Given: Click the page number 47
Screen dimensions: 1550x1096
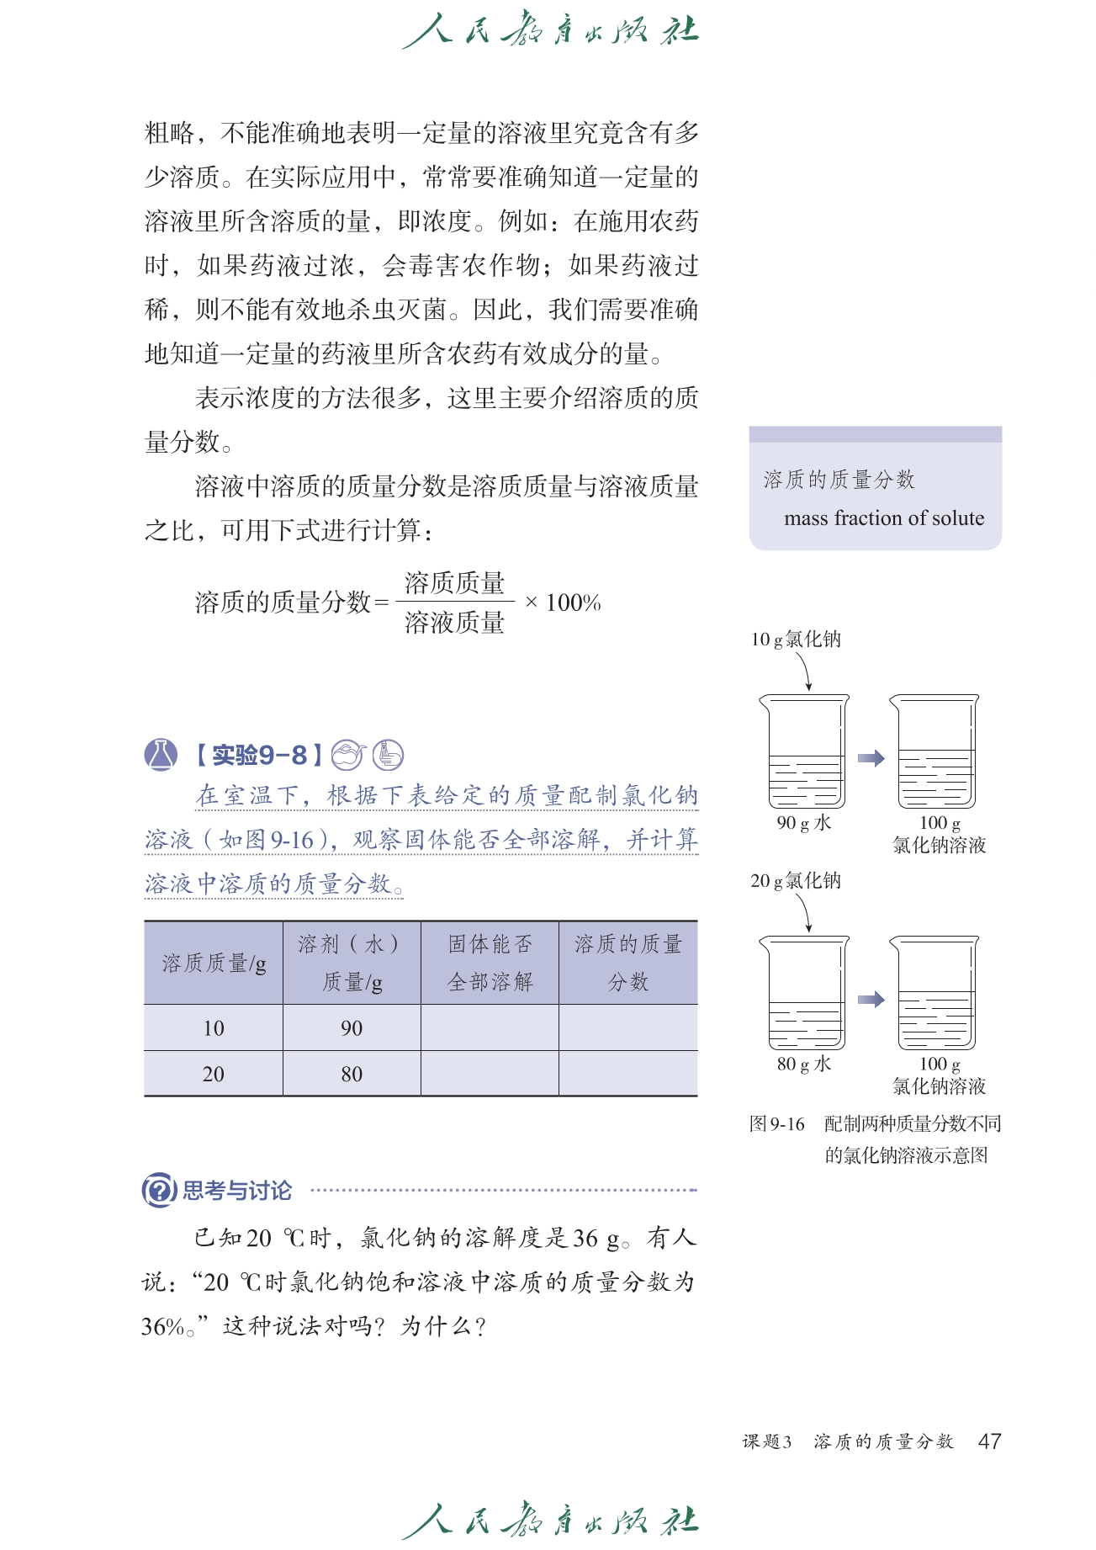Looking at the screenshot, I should click(989, 1441).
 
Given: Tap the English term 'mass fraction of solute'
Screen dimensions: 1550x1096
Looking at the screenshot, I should click(883, 518).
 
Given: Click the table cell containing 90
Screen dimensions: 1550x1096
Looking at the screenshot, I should click(352, 1028).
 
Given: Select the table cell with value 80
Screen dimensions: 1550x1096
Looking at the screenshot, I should click(352, 1074).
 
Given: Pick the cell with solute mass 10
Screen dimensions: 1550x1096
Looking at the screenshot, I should click(214, 1028).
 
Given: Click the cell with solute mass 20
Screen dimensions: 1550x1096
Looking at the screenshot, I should click(214, 1074).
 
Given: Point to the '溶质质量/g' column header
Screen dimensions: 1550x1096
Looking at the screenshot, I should click(214, 963).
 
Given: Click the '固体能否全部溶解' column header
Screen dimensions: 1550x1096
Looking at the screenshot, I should click(490, 963).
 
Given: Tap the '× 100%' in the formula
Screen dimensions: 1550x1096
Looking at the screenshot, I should click(563, 602).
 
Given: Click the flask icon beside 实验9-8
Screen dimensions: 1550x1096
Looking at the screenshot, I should click(161, 755).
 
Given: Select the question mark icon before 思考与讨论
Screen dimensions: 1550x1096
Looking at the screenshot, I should click(159, 1190).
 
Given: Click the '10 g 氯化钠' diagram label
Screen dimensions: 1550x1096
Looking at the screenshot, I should click(796, 640).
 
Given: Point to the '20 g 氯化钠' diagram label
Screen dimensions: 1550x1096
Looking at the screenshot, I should click(796, 881).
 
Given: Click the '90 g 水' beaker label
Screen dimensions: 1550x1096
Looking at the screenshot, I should click(803, 823).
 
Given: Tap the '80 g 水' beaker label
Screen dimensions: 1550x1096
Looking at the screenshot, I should click(803, 1064).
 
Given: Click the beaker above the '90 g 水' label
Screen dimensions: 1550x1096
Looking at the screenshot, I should click(805, 751).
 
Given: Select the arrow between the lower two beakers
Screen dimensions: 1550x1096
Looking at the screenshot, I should click(871, 1000).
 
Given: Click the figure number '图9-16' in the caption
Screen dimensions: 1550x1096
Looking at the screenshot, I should click(776, 1124).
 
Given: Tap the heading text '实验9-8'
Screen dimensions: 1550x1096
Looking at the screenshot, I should click(259, 755).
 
